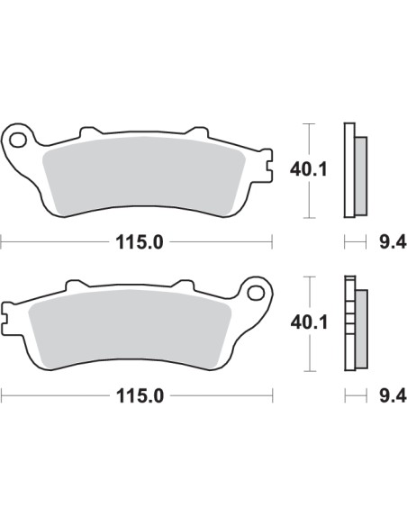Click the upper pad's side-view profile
351,169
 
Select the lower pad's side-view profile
351,322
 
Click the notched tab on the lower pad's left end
7,320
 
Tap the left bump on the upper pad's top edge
88,132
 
